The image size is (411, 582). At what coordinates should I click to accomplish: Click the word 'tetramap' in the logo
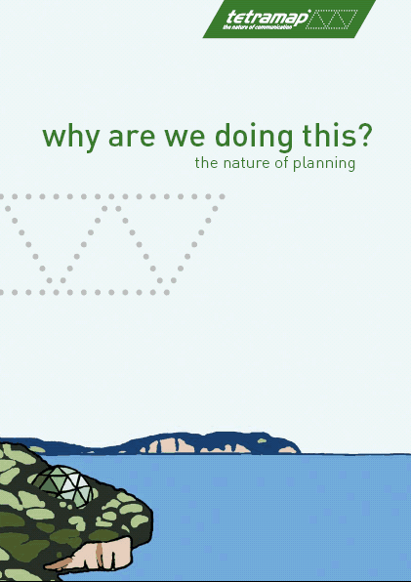pos(267,18)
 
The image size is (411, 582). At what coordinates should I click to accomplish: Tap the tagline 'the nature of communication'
pos(257,27)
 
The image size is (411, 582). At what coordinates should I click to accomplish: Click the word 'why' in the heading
pos(71,137)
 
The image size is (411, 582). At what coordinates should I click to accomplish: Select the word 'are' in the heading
pos(132,137)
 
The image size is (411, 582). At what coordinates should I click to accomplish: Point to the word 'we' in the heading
pos(185,137)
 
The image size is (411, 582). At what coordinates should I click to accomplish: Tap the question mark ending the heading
pos(363,135)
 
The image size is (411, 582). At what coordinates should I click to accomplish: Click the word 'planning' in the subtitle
pos(324,164)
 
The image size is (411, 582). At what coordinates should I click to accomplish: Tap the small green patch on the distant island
pos(262,441)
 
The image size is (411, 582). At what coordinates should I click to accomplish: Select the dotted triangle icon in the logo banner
pos(332,20)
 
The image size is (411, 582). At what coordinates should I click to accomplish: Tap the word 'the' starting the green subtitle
pos(206,162)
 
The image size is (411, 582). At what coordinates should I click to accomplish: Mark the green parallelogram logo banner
pos(289,19)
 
